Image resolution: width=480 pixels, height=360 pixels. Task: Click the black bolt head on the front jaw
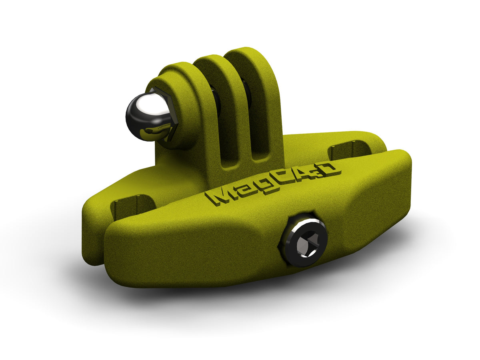click(304, 240)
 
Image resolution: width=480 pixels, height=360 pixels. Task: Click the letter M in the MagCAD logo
click(220, 196)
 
